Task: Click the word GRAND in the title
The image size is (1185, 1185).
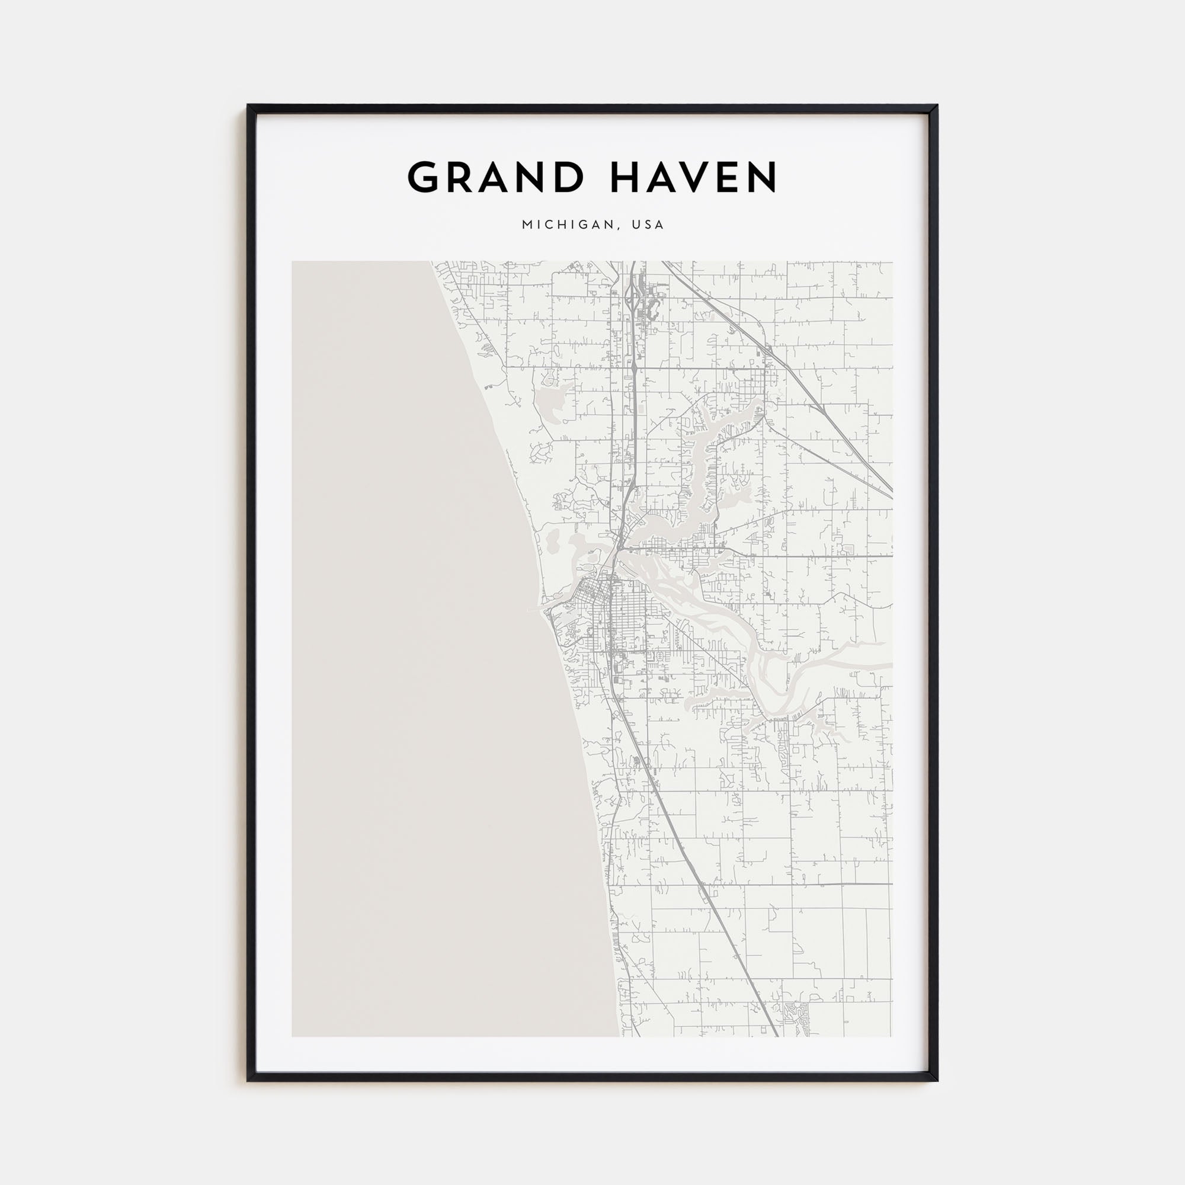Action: point(495,177)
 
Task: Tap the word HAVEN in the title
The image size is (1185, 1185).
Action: point(694,177)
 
